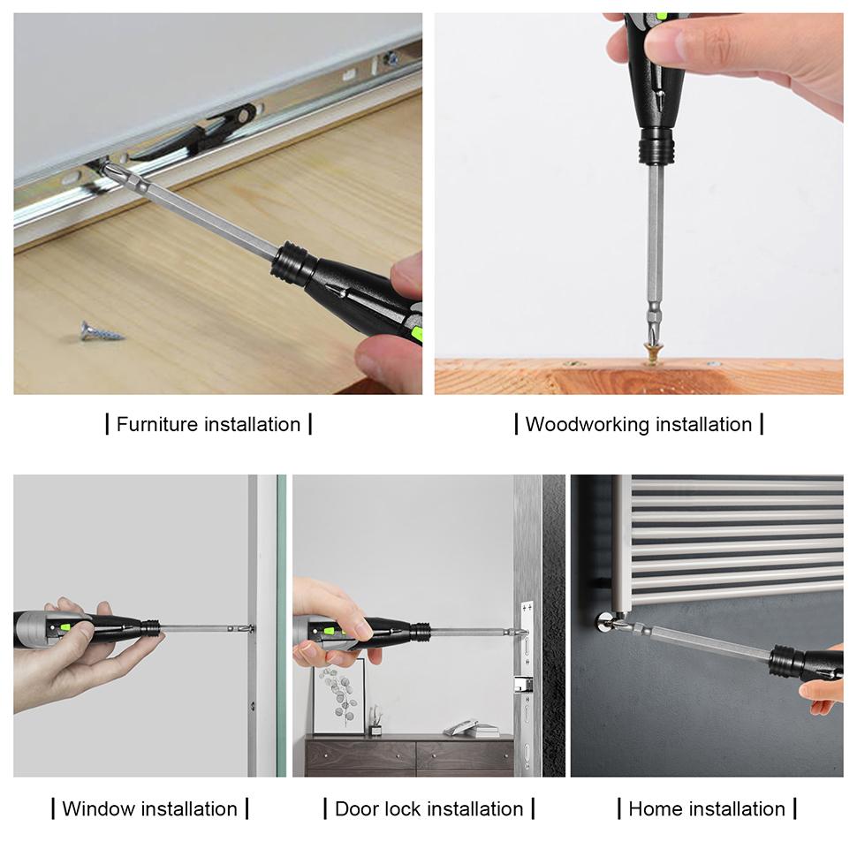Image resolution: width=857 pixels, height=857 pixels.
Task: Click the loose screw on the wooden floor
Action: pos(101,331)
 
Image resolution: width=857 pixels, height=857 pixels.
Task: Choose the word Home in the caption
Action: pos(656,808)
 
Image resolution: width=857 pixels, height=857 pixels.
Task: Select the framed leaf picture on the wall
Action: pos(338,696)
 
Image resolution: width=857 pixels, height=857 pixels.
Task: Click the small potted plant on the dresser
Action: pos(375,721)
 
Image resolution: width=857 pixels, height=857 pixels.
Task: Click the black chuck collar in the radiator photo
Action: pos(785,661)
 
